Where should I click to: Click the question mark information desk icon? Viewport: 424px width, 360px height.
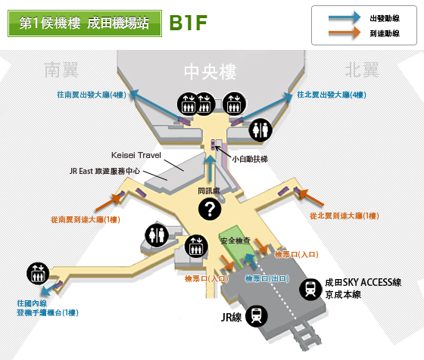(210, 209)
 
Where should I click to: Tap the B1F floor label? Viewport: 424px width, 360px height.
(189, 23)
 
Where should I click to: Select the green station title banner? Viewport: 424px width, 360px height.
(85, 23)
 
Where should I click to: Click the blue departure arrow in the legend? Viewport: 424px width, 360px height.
(344, 17)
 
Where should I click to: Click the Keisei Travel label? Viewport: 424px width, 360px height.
(136, 155)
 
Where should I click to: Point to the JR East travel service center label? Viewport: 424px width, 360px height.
(104, 171)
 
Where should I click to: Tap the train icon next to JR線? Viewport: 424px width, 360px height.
(257, 316)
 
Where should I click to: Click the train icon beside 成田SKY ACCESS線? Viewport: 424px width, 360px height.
(310, 289)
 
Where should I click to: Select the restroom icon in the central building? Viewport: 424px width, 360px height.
(260, 130)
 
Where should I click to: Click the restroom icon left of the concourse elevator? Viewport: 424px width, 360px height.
(157, 235)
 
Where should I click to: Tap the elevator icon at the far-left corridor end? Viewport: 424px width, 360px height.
(38, 274)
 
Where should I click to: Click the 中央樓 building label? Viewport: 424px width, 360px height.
(210, 72)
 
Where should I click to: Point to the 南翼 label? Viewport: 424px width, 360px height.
(61, 70)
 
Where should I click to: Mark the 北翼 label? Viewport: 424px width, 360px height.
(362, 70)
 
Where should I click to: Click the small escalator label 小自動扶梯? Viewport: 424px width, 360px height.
(250, 159)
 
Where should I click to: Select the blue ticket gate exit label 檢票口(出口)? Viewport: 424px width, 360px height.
(267, 278)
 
